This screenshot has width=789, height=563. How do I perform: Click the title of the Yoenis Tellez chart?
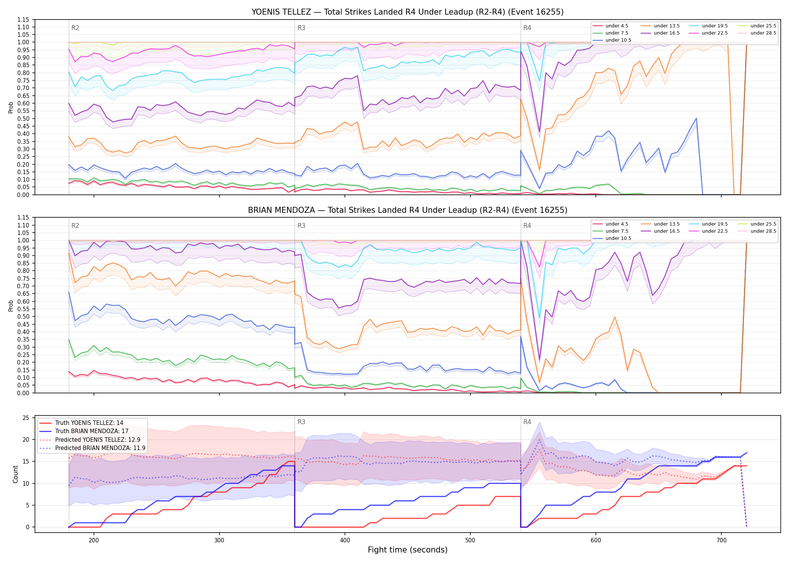click(x=407, y=12)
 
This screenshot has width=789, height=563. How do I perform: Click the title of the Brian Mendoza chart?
click(x=407, y=210)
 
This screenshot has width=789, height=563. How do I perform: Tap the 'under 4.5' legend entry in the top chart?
click(x=617, y=26)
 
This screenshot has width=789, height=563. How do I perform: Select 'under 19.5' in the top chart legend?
click(x=715, y=26)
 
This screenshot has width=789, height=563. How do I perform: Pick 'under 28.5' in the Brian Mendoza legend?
click(x=763, y=231)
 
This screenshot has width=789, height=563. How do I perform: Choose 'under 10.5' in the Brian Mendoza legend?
click(x=618, y=238)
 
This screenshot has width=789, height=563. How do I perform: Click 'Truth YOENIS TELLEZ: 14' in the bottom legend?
click(x=89, y=423)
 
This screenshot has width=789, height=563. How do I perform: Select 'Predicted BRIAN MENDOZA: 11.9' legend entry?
click(x=100, y=448)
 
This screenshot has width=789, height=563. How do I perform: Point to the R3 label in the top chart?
click(x=301, y=28)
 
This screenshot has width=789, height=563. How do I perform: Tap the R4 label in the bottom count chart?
click(x=527, y=422)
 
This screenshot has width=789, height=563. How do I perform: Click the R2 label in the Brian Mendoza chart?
click(x=75, y=226)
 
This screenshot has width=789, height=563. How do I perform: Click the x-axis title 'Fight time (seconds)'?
click(x=408, y=550)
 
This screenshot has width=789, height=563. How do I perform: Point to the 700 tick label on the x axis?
click(x=721, y=540)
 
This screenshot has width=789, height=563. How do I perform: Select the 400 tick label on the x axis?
click(x=345, y=540)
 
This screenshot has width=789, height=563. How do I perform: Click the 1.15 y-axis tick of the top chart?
click(x=23, y=20)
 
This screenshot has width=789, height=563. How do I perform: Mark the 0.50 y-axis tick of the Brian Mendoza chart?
click(x=23, y=316)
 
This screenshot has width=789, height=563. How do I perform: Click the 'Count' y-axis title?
click(x=15, y=474)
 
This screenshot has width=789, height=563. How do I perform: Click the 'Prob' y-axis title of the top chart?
click(x=11, y=107)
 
